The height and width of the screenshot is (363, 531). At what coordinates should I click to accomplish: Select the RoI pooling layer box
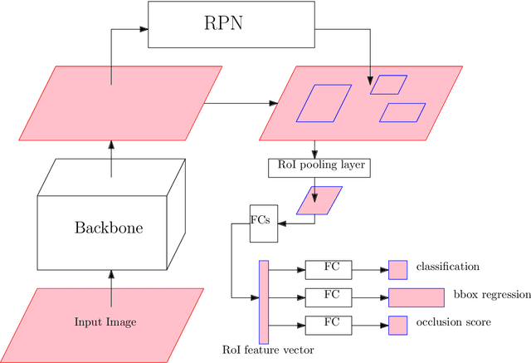click(x=317, y=166)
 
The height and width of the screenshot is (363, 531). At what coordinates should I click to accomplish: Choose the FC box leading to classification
click(x=329, y=269)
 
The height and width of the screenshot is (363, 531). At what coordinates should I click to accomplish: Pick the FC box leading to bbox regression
click(x=329, y=297)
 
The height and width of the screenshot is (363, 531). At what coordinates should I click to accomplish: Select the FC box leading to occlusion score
click(x=329, y=324)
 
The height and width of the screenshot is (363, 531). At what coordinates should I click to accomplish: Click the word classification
click(x=448, y=267)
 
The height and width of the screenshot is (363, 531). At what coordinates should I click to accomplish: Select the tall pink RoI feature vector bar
click(x=264, y=302)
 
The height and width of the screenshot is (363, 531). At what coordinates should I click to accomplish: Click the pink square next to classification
click(x=398, y=269)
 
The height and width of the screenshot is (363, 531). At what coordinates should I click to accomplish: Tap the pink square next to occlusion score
click(x=398, y=324)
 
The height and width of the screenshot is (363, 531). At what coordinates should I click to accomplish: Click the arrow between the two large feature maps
click(x=241, y=103)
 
